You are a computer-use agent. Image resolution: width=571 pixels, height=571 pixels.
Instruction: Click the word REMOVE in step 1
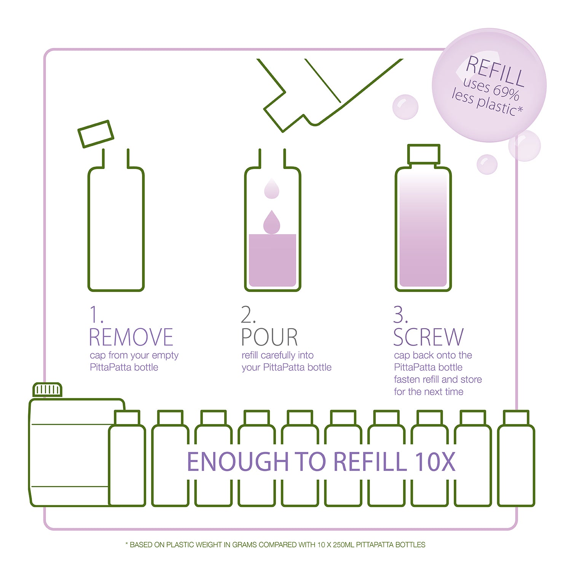tap(131, 337)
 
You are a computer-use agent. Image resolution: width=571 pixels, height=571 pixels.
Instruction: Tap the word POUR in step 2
tap(270, 337)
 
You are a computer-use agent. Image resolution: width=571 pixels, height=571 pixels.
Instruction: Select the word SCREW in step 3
tap(429, 337)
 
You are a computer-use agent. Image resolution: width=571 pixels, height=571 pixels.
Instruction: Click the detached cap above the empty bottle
tap(96, 134)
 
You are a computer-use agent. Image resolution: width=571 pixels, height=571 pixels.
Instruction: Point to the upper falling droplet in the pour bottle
tap(271, 188)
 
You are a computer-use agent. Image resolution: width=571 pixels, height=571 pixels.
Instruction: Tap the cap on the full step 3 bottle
tap(424, 154)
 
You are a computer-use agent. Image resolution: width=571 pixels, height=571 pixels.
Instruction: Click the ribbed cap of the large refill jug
tap(48, 390)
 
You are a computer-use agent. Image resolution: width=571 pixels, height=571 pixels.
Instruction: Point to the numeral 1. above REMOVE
tap(96, 315)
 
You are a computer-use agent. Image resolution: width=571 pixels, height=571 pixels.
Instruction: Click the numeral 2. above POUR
tap(248, 315)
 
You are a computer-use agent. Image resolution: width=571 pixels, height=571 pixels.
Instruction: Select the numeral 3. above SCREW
tap(400, 315)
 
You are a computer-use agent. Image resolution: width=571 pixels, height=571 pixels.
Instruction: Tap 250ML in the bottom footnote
tap(343, 545)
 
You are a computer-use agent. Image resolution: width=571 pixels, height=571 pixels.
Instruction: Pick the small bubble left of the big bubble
tap(406, 107)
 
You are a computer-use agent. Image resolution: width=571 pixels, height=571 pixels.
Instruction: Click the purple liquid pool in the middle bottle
tap(272, 260)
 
